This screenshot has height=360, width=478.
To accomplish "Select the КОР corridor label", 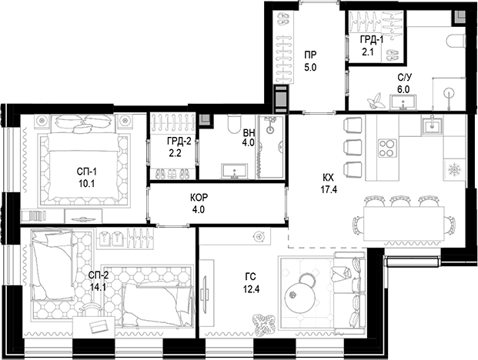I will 199,197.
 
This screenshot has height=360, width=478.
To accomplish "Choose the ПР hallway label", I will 310,55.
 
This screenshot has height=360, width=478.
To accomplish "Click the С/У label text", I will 403,78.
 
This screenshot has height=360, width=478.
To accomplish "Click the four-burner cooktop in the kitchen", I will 387,148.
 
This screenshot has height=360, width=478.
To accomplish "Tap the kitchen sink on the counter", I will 429,125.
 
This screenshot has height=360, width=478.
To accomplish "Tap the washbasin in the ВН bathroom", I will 232,170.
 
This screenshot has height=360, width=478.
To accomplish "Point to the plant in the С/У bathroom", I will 377,101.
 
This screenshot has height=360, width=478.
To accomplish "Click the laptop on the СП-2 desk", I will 101,325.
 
